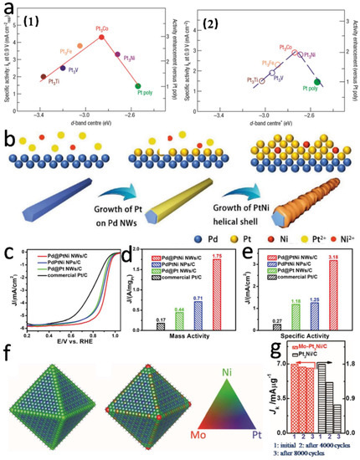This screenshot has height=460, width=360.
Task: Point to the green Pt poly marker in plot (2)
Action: pos(317,81)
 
